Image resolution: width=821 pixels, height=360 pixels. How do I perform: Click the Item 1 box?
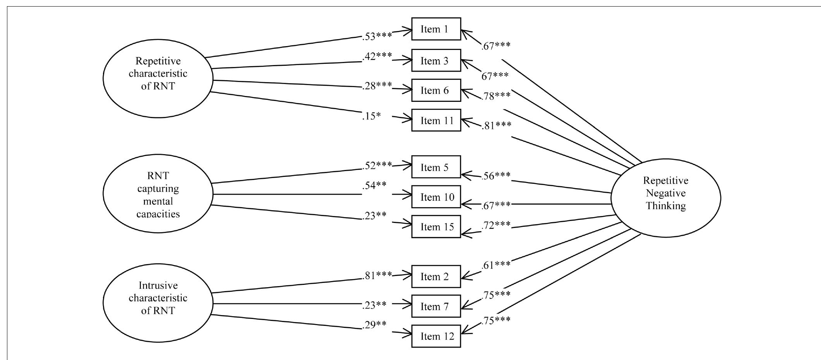tap(436, 29)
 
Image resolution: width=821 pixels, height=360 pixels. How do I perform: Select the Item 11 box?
tap(436, 120)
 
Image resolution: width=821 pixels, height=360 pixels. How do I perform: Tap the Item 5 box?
tap(436, 167)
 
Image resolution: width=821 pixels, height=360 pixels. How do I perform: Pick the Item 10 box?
tap(436, 197)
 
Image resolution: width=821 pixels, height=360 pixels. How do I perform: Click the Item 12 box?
tap(436, 336)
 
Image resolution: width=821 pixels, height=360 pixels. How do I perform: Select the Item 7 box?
tap(436, 307)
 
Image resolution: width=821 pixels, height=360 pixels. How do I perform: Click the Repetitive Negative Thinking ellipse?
tap(665, 197)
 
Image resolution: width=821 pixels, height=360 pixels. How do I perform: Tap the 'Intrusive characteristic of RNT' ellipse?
tap(158, 302)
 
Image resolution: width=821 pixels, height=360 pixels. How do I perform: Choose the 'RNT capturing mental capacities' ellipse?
tap(158, 193)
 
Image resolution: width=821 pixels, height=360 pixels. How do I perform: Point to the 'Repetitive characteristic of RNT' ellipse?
tap(158, 78)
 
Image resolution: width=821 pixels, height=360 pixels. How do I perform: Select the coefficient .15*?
tap(371, 116)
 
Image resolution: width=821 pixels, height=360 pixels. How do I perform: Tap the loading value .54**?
tap(374, 185)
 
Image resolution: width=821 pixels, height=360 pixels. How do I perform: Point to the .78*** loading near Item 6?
tap(496, 96)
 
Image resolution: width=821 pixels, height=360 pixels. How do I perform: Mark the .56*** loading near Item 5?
tap(496, 176)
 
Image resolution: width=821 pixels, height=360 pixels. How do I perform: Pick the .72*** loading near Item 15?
tap(496, 225)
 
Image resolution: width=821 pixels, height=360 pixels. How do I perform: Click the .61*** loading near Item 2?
tap(496, 265)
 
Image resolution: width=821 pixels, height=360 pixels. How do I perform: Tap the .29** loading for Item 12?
tap(374, 324)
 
